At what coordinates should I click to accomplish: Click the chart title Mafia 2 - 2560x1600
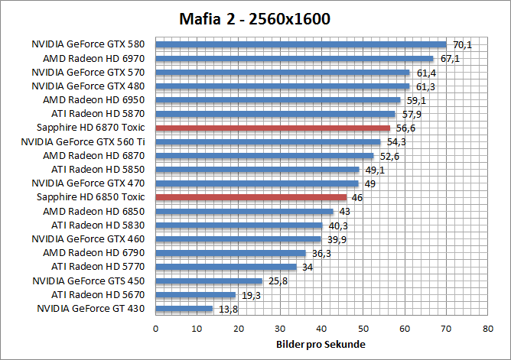(x=255, y=18)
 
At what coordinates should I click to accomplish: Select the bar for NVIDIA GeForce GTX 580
(x=301, y=44)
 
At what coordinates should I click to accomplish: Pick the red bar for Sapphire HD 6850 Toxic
(x=251, y=197)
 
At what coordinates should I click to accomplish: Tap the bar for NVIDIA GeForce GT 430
(x=184, y=309)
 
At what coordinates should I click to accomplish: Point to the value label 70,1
(x=462, y=45)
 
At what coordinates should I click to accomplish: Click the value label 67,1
(x=450, y=59)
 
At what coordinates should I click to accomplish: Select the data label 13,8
(x=227, y=310)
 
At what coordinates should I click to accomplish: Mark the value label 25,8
(x=278, y=282)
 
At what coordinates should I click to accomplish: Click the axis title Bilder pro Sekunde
(x=321, y=345)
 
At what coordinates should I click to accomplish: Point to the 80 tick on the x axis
(x=487, y=329)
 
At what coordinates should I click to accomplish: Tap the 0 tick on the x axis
(x=155, y=329)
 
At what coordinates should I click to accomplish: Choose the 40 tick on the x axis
(x=321, y=329)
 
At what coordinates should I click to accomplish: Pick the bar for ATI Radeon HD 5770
(x=226, y=267)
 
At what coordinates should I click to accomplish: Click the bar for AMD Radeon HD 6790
(x=230, y=253)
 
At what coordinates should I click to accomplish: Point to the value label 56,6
(x=406, y=128)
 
